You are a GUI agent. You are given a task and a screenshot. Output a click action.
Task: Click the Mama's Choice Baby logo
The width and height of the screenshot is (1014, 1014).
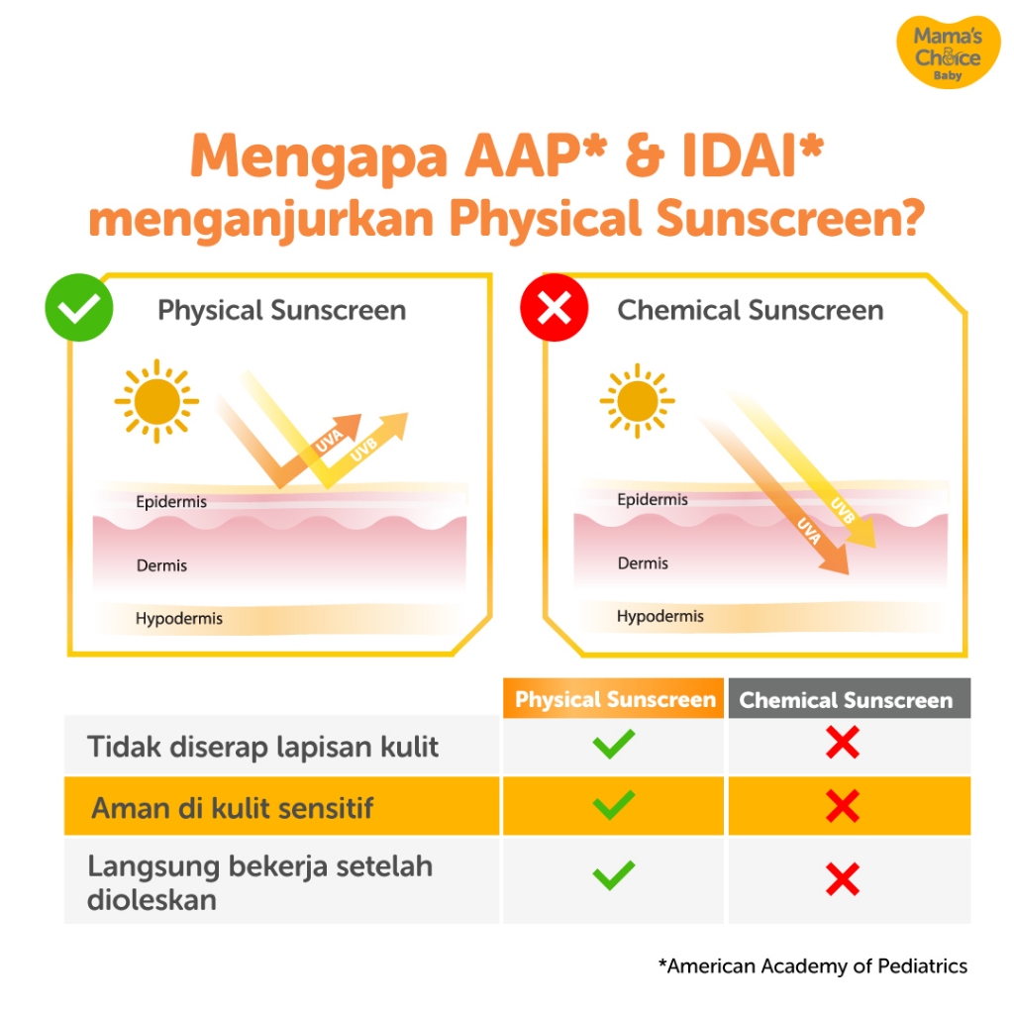tap(948, 51)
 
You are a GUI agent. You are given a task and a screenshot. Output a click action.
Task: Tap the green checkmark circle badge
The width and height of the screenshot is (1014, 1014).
tap(79, 307)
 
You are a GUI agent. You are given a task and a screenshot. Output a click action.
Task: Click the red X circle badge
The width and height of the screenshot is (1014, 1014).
tap(555, 307)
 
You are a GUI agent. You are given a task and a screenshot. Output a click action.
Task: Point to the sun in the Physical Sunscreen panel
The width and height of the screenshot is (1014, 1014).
tap(156, 401)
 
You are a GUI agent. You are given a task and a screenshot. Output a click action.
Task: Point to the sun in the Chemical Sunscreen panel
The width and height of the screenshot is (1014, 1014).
tap(637, 401)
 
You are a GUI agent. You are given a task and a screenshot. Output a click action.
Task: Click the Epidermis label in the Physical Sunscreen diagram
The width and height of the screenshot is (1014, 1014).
tap(171, 502)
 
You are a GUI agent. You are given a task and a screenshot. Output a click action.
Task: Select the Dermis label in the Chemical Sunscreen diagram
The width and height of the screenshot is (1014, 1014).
tap(643, 563)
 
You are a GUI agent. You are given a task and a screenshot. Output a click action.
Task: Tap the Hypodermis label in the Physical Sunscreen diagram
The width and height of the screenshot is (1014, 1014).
tap(179, 619)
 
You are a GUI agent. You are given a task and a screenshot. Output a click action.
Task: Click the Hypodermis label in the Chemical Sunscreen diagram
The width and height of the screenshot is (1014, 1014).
tap(660, 616)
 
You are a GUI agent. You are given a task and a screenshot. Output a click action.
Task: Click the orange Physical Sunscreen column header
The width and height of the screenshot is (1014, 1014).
tap(614, 698)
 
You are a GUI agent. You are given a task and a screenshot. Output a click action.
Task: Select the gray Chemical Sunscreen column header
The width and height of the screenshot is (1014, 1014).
tap(849, 698)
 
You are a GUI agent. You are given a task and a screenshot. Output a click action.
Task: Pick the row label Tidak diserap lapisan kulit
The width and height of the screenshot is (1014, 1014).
tap(262, 747)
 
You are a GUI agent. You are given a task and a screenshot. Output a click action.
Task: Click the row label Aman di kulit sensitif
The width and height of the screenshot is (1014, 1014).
tap(232, 808)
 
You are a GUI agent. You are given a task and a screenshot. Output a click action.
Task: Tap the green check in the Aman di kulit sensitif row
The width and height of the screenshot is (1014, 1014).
tap(613, 805)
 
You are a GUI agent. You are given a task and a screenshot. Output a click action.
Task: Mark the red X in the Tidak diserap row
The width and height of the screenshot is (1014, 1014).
tap(843, 743)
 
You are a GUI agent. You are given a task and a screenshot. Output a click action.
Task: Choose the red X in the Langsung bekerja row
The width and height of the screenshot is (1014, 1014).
tap(843, 879)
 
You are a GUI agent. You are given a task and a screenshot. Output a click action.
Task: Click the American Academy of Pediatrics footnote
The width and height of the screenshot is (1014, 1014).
tap(813, 966)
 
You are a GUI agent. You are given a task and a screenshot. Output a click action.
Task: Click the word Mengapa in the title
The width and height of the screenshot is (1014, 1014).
tap(319, 156)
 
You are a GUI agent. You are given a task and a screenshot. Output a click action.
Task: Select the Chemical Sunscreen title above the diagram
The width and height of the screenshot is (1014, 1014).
tap(751, 310)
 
